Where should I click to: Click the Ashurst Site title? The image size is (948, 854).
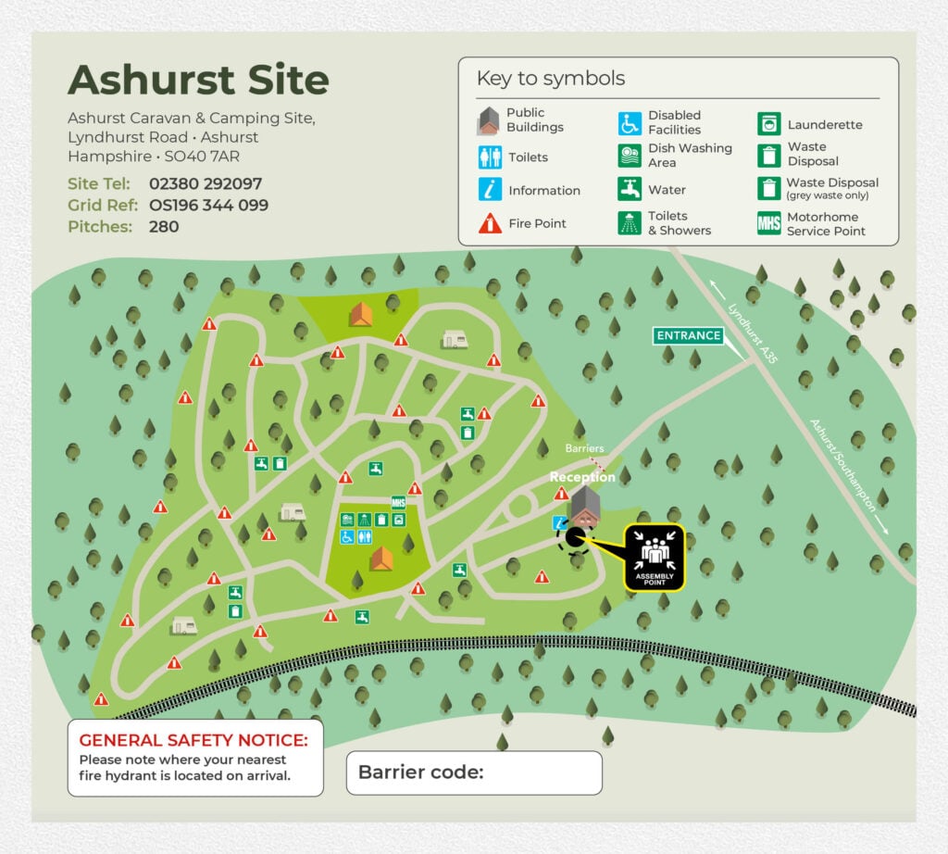[198, 81]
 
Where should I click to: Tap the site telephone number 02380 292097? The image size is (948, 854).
[205, 183]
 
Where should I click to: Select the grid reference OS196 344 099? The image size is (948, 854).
[208, 205]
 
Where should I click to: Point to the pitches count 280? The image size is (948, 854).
[163, 226]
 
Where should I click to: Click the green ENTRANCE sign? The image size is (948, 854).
[688, 335]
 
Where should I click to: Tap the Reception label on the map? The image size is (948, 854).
[582, 477]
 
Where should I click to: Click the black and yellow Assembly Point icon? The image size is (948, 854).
[654, 558]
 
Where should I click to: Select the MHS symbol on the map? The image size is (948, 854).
[399, 503]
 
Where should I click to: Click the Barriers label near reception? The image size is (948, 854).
[584, 448]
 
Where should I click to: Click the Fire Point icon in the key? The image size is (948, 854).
[490, 223]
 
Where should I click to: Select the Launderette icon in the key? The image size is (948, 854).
[768, 124]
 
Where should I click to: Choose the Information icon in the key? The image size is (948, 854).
[490, 190]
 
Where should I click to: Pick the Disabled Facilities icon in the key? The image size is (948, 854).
[630, 123]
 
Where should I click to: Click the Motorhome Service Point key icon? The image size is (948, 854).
[768, 223]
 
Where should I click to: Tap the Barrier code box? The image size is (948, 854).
[473, 772]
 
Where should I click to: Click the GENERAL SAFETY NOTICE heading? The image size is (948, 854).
[194, 740]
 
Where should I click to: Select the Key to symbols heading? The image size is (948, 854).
[550, 79]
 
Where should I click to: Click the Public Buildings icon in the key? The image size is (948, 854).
[490, 120]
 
